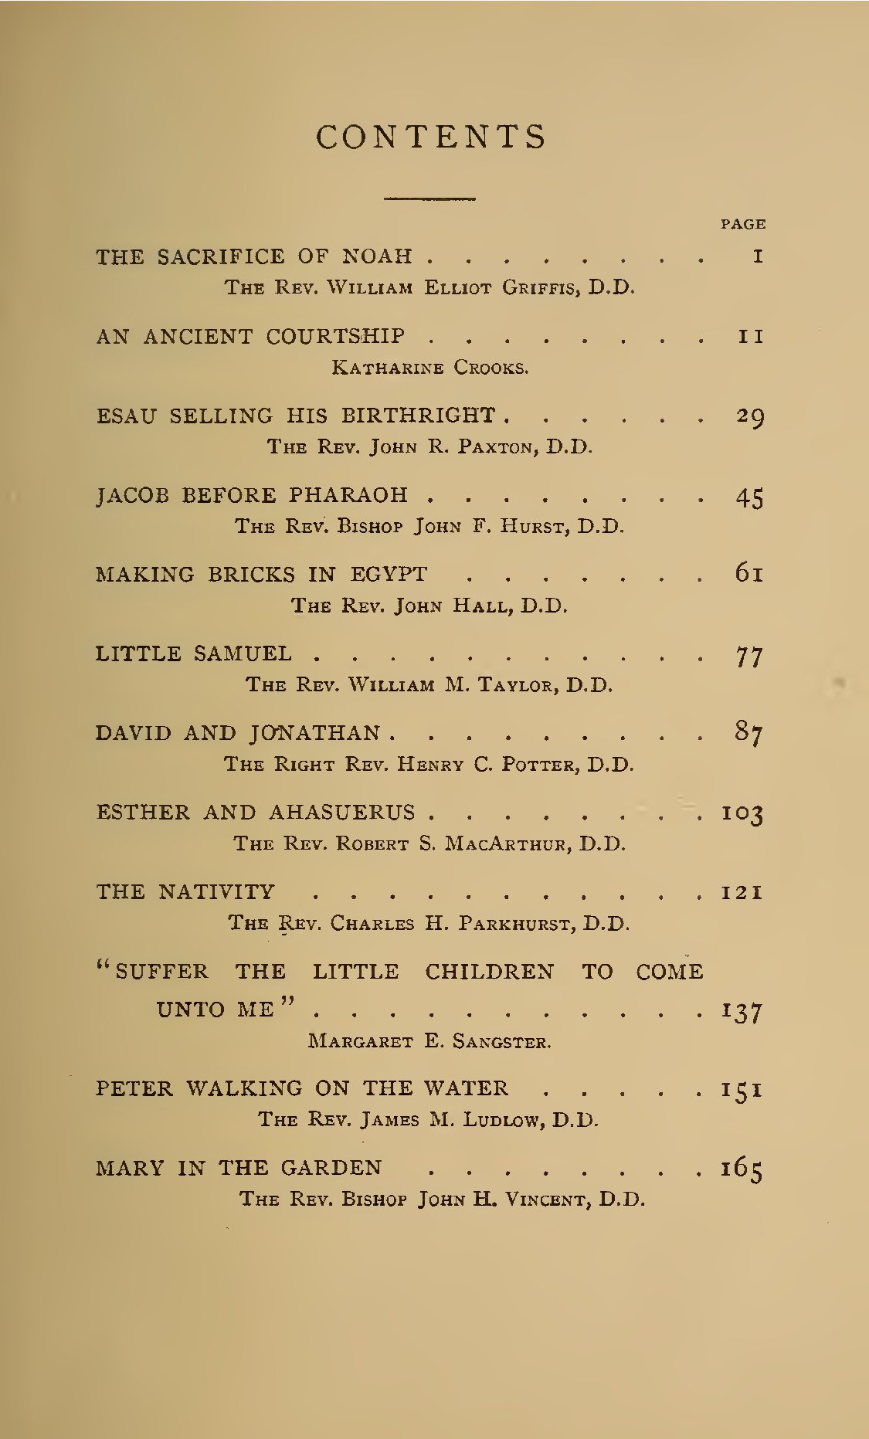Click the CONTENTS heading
[431, 137]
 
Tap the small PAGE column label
[743, 224]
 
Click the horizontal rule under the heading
[429, 199]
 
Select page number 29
[749, 416]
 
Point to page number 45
[749, 497]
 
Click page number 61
[749, 574]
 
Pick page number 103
[742, 813]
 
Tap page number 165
[742, 1169]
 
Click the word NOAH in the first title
[377, 256]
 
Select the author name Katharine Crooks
[430, 367]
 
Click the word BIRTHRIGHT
[419, 416]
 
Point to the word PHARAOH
[348, 495]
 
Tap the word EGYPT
[389, 575]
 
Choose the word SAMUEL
[243, 654]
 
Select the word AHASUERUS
[342, 813]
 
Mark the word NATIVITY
[216, 892]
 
